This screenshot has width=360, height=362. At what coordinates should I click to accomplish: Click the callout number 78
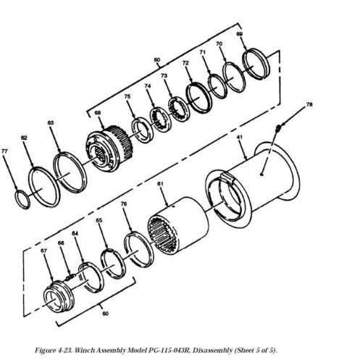point(309,105)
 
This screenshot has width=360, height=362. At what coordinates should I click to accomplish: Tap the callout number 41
point(239,137)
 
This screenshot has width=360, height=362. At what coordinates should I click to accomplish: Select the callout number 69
point(239,34)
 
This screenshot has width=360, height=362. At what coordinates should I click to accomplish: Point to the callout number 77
point(4,151)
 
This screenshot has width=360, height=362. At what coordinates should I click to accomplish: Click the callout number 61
point(160,184)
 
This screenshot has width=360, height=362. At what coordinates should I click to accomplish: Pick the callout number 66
point(61,243)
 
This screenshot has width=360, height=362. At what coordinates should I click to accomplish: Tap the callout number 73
point(164,76)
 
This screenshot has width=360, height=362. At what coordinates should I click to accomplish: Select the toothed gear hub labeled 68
point(109,148)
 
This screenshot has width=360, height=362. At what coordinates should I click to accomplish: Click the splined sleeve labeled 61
point(178,226)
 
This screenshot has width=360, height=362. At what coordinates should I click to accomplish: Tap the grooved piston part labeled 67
point(59,296)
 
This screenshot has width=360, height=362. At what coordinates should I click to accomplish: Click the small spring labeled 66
point(70,277)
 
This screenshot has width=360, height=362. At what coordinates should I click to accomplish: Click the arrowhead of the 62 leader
point(33,166)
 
